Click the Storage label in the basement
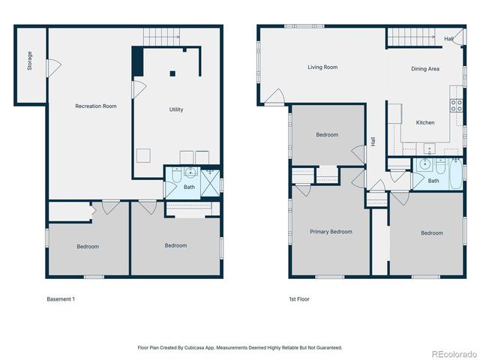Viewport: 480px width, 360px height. coord(30,61)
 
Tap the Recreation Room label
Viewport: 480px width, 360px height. coord(96,106)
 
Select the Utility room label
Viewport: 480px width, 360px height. coord(175,109)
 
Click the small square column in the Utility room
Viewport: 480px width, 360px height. coord(172,73)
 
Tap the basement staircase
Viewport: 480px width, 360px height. coord(162,35)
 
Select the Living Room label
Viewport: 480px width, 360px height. coord(322,67)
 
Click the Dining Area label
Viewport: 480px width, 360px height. coord(425,69)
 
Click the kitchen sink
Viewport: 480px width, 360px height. coord(429,148)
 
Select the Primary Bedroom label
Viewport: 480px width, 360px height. coord(331,232)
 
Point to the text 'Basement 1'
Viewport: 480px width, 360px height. coord(61,299)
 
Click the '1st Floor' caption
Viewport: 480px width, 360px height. coord(299,299)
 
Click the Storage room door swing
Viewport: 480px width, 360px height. coord(52,67)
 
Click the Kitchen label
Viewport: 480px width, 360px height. coord(425,122)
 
